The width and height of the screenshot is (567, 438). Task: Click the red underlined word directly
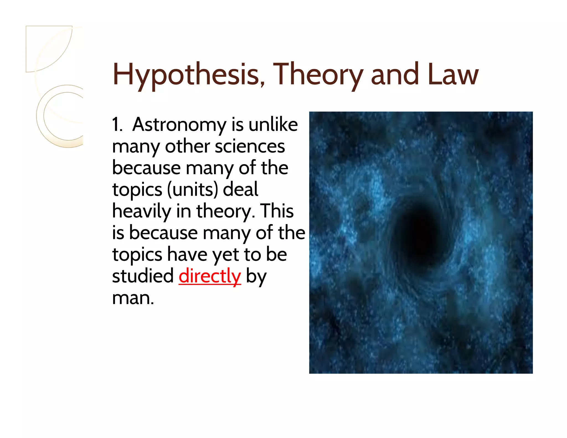point(210,276)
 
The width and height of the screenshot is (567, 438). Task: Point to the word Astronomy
point(179,125)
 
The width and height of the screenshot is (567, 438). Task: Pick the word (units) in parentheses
point(192,190)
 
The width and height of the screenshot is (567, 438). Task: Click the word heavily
point(141,211)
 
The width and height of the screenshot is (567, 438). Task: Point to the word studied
point(143,276)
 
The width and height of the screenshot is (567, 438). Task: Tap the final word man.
point(133,298)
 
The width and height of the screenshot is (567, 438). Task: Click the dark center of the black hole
point(418,233)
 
